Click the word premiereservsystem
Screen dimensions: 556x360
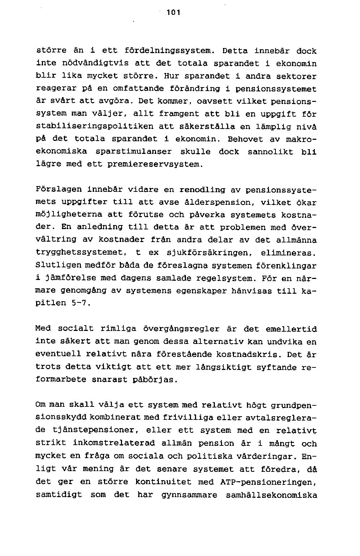click(153, 164)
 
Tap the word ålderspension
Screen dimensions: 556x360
click(217, 202)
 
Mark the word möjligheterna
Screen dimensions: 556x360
click(68, 215)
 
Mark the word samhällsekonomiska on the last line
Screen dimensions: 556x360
click(271, 495)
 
